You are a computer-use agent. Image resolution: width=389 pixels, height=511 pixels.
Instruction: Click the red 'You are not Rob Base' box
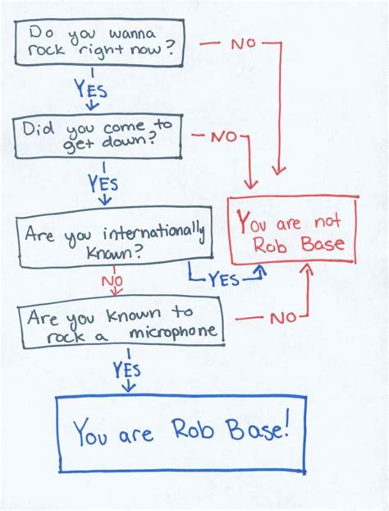pyautogui.click(x=292, y=232)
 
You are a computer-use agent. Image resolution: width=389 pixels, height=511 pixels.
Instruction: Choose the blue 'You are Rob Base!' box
pyautogui.click(x=181, y=433)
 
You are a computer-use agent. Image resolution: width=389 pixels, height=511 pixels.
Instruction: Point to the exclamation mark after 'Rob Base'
pyautogui.click(x=286, y=430)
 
